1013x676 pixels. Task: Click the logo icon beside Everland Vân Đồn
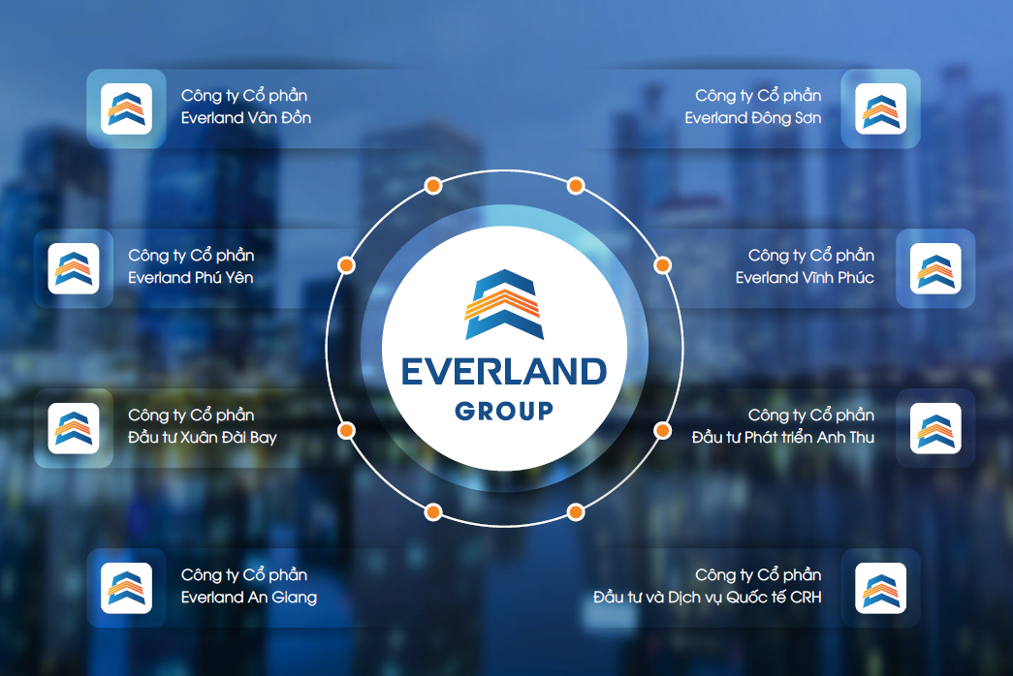tap(126, 108)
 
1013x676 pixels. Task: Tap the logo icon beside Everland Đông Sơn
tap(880, 108)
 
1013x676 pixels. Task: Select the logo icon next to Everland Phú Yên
tap(74, 268)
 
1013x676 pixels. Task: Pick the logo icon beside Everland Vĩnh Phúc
tap(935, 268)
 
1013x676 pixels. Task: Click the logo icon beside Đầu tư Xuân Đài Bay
tap(74, 428)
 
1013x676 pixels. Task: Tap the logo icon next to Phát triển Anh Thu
tap(935, 428)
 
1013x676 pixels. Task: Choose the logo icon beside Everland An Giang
tap(126, 588)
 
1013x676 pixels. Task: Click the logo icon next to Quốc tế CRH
tap(880, 588)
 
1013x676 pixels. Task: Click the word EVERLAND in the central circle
tap(504, 371)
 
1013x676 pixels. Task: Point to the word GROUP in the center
tap(504, 410)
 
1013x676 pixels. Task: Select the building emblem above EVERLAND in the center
tap(503, 304)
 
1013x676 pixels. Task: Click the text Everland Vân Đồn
tap(246, 118)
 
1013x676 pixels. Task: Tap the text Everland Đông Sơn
tap(752, 118)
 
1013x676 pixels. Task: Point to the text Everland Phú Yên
tap(191, 278)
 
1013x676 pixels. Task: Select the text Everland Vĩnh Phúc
tap(805, 278)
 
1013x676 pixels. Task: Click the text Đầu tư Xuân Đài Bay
tap(203, 438)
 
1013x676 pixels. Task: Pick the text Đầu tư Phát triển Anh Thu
tap(783, 438)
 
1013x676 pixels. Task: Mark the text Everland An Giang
tap(249, 598)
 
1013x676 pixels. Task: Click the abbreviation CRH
tap(806, 598)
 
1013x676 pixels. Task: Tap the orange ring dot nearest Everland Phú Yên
tap(346, 264)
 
